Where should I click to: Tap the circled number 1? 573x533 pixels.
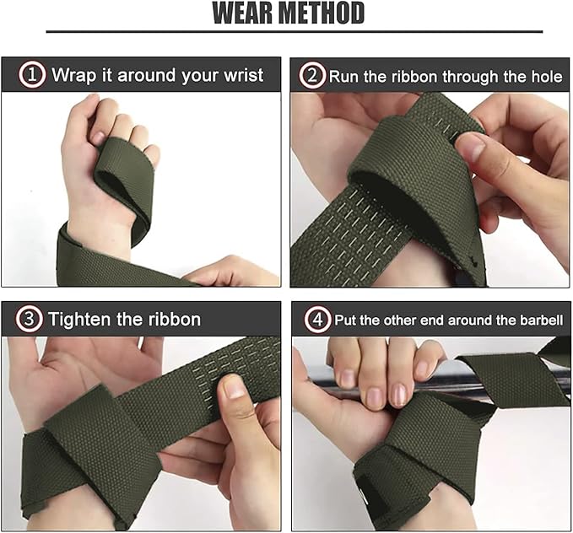point(31,75)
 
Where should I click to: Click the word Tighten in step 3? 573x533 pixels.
point(84,320)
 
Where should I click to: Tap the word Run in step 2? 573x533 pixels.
point(343,76)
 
